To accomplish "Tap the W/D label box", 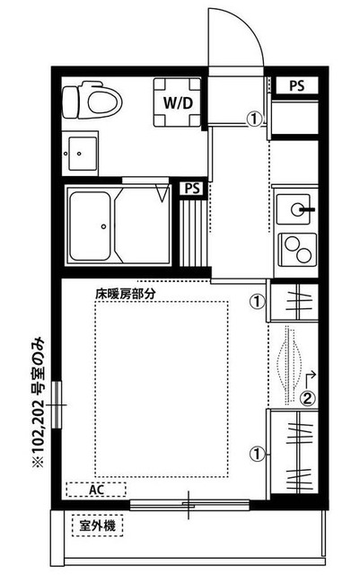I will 176,101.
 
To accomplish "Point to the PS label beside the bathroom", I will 191,189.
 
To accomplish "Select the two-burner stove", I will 293,245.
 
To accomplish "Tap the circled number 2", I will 307,399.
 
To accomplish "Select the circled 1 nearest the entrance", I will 256,117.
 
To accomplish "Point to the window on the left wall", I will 59,405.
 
